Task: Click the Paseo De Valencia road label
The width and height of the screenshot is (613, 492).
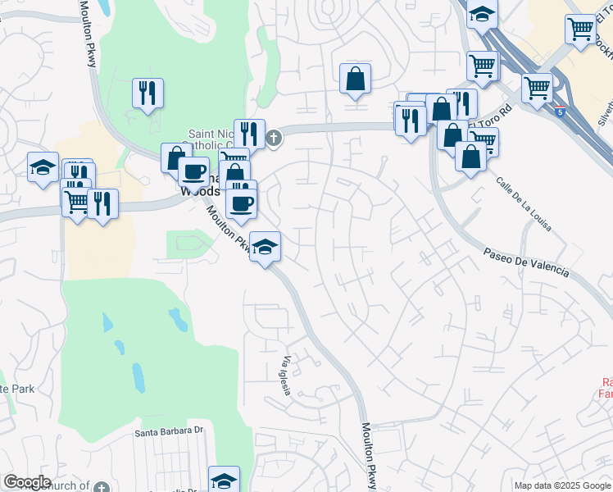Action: point(524,262)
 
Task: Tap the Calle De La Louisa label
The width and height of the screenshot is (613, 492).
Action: point(522,202)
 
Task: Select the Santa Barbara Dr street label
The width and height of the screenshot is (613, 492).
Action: point(169,430)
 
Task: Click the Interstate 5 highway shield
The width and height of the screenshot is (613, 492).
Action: point(559,111)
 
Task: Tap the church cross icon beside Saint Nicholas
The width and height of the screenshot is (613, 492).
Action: point(274,138)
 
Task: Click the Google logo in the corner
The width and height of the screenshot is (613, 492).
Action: point(27,482)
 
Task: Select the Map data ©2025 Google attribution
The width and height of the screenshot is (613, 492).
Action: point(561,485)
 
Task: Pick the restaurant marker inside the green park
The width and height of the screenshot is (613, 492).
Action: point(148,93)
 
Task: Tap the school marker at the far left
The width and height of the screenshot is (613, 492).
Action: point(43,168)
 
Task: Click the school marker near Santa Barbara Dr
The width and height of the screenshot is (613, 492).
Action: point(224,480)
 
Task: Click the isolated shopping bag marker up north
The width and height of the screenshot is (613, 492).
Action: point(356,79)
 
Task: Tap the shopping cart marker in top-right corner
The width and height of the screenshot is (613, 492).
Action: point(580,30)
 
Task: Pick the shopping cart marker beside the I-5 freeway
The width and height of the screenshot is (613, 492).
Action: point(537,88)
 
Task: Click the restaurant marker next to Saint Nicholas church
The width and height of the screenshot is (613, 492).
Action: point(249,134)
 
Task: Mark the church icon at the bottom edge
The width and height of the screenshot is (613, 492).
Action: point(101,487)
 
